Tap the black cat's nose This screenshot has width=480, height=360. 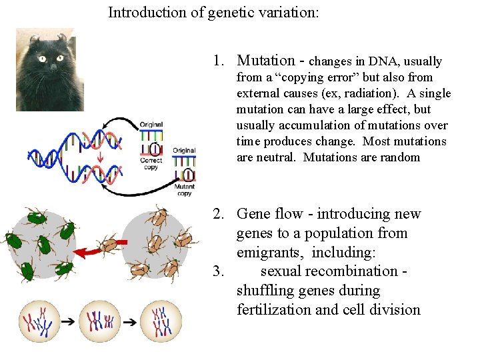(x=53, y=67)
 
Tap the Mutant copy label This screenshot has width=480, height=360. (x=184, y=190)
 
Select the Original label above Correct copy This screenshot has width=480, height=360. (x=151, y=125)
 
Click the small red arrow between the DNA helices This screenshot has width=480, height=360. (x=99, y=157)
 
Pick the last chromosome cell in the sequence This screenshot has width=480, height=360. (x=161, y=321)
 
